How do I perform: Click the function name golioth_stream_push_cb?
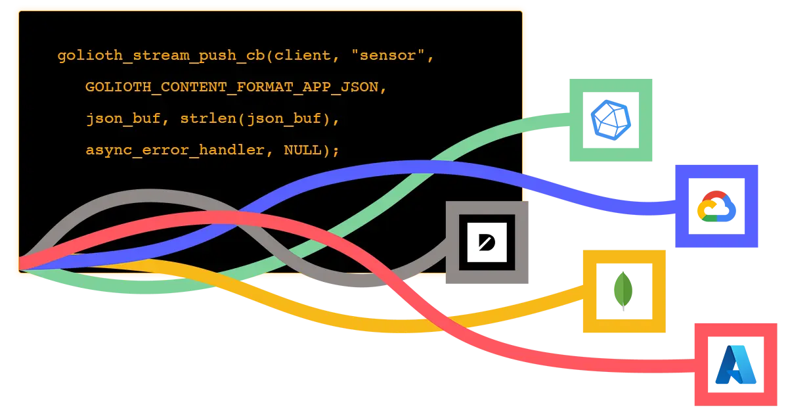tap(161, 56)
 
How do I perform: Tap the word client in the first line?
tap(303, 56)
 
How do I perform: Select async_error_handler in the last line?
tap(175, 150)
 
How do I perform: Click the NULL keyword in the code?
tap(307, 150)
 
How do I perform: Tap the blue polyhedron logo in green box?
tap(611, 121)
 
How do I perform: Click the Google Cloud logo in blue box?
tap(716, 207)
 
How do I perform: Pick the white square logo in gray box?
tap(487, 242)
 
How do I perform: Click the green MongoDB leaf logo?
tap(623, 290)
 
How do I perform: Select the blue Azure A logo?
tap(735, 365)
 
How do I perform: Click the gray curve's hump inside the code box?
tap(148, 195)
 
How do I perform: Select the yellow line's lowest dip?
tap(394, 326)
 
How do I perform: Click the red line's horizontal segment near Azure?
tap(644, 366)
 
